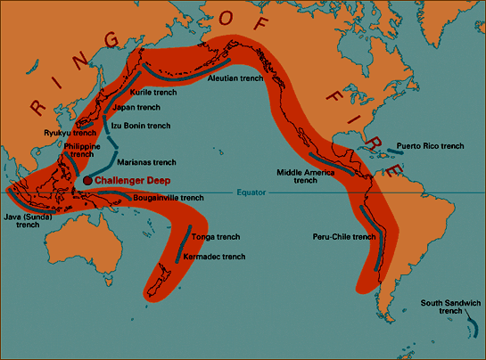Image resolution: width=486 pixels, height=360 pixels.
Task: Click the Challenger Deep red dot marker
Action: click(x=87, y=180)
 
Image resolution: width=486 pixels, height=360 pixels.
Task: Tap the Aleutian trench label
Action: click(x=235, y=79)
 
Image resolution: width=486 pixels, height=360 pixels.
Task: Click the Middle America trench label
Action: click(x=297, y=175)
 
